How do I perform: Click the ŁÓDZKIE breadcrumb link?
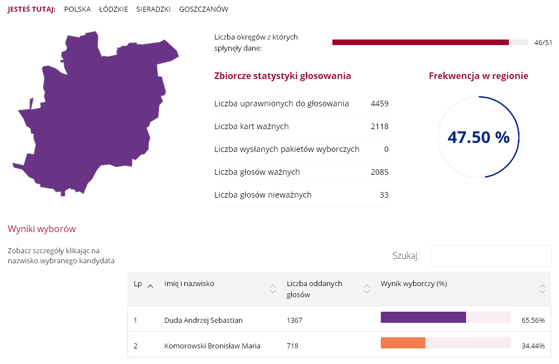[x=113, y=9]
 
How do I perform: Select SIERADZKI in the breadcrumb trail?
[x=153, y=9]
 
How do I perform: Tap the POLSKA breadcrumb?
[x=77, y=9]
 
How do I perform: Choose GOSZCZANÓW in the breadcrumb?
[x=203, y=9]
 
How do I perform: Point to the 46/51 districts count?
[x=543, y=43]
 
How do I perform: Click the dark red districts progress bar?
[x=420, y=42]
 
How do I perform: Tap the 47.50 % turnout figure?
[x=478, y=137]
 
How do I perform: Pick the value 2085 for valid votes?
[x=379, y=172]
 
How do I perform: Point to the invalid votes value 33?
[x=384, y=195]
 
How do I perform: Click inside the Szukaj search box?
[x=491, y=256]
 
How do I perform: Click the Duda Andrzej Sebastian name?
[x=203, y=320]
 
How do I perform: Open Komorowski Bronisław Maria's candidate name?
[x=212, y=346]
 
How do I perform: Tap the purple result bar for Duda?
[x=423, y=317]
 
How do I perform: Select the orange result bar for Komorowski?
[x=403, y=343]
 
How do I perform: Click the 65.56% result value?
[x=533, y=321]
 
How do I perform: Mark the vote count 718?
[x=292, y=346]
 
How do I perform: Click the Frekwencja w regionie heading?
[x=478, y=76]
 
